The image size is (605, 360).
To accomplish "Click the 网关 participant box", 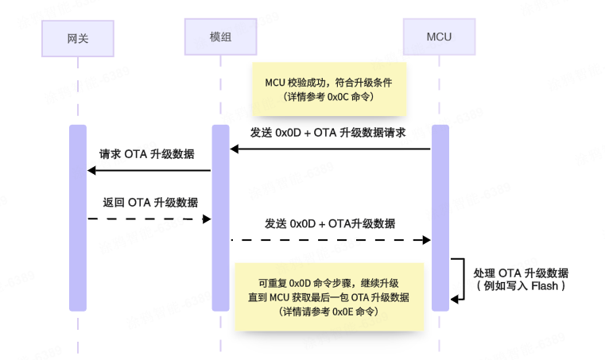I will point(77,37).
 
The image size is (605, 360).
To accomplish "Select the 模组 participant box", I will point(220,37).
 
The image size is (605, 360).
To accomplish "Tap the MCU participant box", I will point(439,37).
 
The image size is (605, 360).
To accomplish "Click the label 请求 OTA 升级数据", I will point(147,153).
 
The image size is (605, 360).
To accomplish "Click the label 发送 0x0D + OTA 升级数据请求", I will point(328,133).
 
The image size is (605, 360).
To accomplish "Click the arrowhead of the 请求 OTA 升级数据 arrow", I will point(91,170).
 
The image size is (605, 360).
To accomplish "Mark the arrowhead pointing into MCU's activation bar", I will point(427,239).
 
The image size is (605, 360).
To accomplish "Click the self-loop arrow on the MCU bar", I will point(461,278).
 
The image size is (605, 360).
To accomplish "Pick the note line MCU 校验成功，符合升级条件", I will point(328,82).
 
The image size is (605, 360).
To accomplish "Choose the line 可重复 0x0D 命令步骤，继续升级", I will point(328,283).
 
